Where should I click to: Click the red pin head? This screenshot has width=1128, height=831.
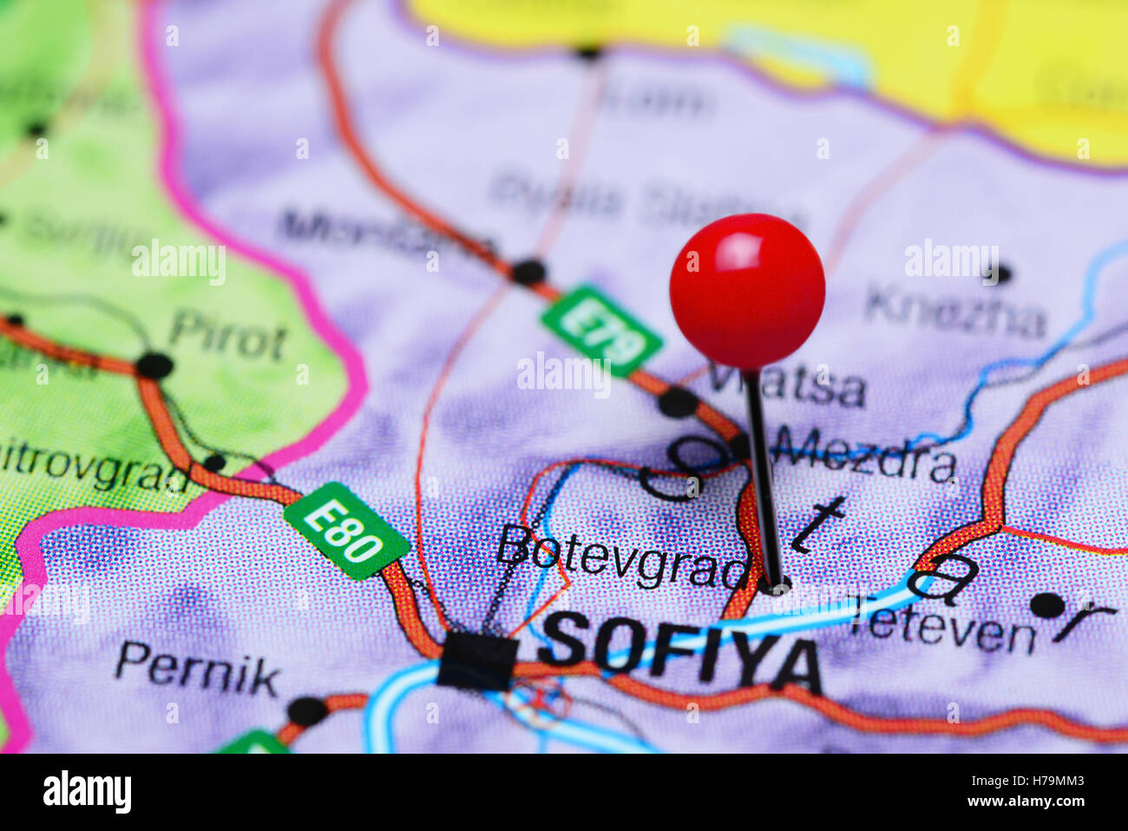(x=746, y=291)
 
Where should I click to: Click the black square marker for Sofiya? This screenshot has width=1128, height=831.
(x=476, y=661)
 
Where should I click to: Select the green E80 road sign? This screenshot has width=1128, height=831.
(x=346, y=531)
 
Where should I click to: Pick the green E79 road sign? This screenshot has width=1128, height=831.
(x=601, y=331)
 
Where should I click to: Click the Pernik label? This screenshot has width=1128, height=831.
(x=197, y=670)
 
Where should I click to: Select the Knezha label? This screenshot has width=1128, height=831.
(x=955, y=313)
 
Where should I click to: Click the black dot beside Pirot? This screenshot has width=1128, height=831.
(x=154, y=365)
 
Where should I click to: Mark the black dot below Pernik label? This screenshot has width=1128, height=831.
(x=307, y=711)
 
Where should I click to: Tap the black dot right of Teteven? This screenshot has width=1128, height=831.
(x=1048, y=604)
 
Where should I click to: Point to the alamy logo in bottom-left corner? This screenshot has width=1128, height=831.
(x=87, y=792)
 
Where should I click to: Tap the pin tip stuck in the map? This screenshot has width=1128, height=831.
(x=775, y=586)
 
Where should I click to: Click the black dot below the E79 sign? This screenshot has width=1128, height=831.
(x=678, y=402)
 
